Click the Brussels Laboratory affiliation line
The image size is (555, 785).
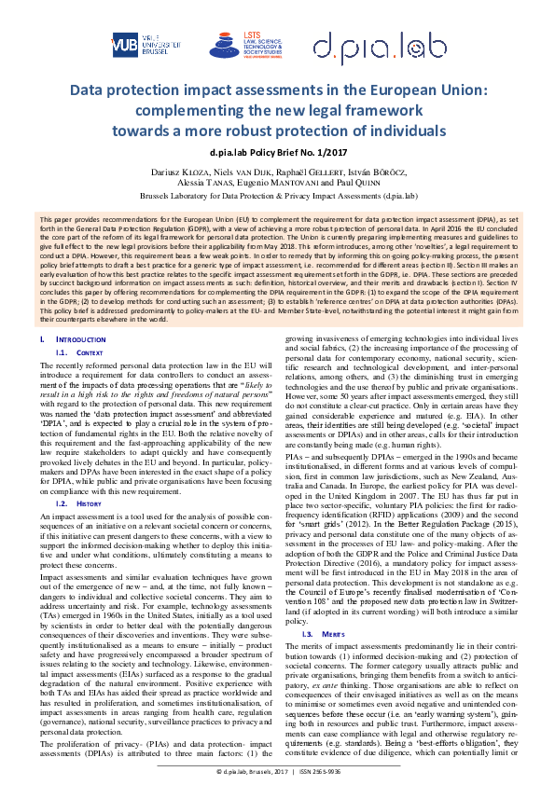pyautogui.click(x=277, y=198)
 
